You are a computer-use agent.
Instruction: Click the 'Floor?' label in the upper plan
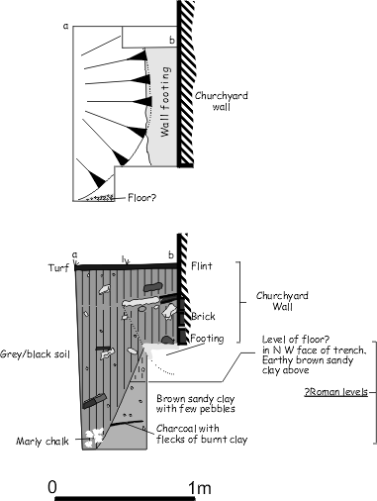141,198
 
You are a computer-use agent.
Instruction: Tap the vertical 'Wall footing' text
166,102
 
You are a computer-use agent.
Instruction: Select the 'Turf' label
59,267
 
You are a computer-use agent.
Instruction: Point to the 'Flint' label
202,266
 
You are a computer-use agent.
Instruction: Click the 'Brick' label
203,317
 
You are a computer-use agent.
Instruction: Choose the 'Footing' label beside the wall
207,339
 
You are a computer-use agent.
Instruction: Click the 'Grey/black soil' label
35,354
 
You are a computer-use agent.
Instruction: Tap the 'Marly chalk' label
43,442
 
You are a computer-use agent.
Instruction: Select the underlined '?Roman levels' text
335,392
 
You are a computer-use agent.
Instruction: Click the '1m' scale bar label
200,487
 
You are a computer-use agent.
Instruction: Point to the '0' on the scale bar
52,487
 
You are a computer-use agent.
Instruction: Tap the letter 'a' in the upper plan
66,26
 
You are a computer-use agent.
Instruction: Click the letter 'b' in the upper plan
172,41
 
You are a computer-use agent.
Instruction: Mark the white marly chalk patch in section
94,438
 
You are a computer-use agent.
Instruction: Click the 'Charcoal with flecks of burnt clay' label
202,434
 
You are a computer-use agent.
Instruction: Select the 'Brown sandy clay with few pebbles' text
196,404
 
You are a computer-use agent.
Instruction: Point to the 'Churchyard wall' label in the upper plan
221,101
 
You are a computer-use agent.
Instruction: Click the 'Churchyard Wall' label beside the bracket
282,301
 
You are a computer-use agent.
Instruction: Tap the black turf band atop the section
127,267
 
